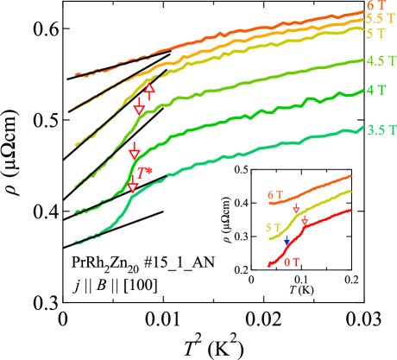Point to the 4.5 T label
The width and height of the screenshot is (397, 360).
(x=381, y=61)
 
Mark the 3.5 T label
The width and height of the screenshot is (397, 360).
(x=381, y=130)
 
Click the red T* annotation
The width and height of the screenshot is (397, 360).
(x=145, y=173)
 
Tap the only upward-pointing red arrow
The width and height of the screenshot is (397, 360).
(x=149, y=90)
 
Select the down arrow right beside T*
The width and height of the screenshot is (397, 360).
(x=132, y=186)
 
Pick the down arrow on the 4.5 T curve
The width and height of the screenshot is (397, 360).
(x=138, y=106)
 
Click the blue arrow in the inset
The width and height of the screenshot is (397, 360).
(x=287, y=240)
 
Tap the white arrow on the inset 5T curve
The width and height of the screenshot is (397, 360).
(x=296, y=210)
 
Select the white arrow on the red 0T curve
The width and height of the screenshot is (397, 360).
(x=304, y=221)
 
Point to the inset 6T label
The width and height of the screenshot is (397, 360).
(x=274, y=196)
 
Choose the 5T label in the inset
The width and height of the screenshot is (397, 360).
(x=272, y=228)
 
